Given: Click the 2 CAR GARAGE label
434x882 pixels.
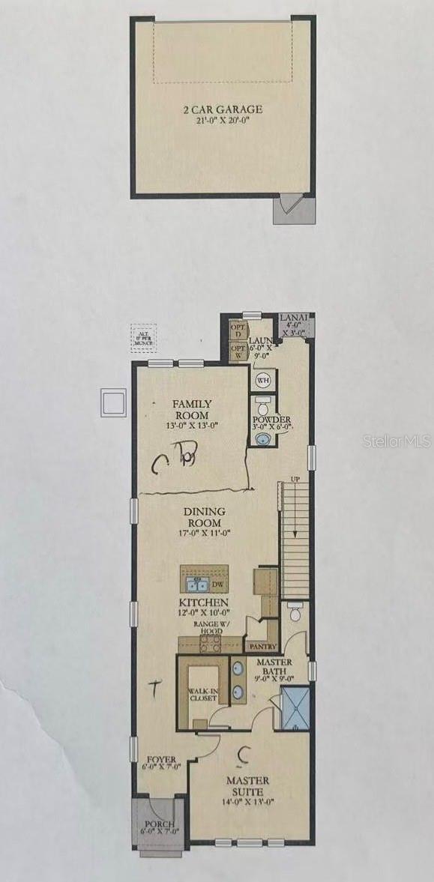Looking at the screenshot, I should pos(223,109).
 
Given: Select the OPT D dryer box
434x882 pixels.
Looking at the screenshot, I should pos(238,330).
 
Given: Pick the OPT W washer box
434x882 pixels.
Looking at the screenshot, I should pos(238,351).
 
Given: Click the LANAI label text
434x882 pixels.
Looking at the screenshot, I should pos(292,318).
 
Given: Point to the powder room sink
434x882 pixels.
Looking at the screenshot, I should pos(261,438).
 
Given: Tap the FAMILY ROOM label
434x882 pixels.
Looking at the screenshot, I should pos(192,409).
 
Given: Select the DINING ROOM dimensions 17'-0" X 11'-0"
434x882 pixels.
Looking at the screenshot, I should pos(203,534).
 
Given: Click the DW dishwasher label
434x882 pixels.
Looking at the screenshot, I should pos(217,585).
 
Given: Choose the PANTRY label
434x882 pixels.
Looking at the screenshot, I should pos(262,646).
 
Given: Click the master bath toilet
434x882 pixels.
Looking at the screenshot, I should pos(295,614).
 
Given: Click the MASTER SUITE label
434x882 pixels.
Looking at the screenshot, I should pos(247,785).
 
